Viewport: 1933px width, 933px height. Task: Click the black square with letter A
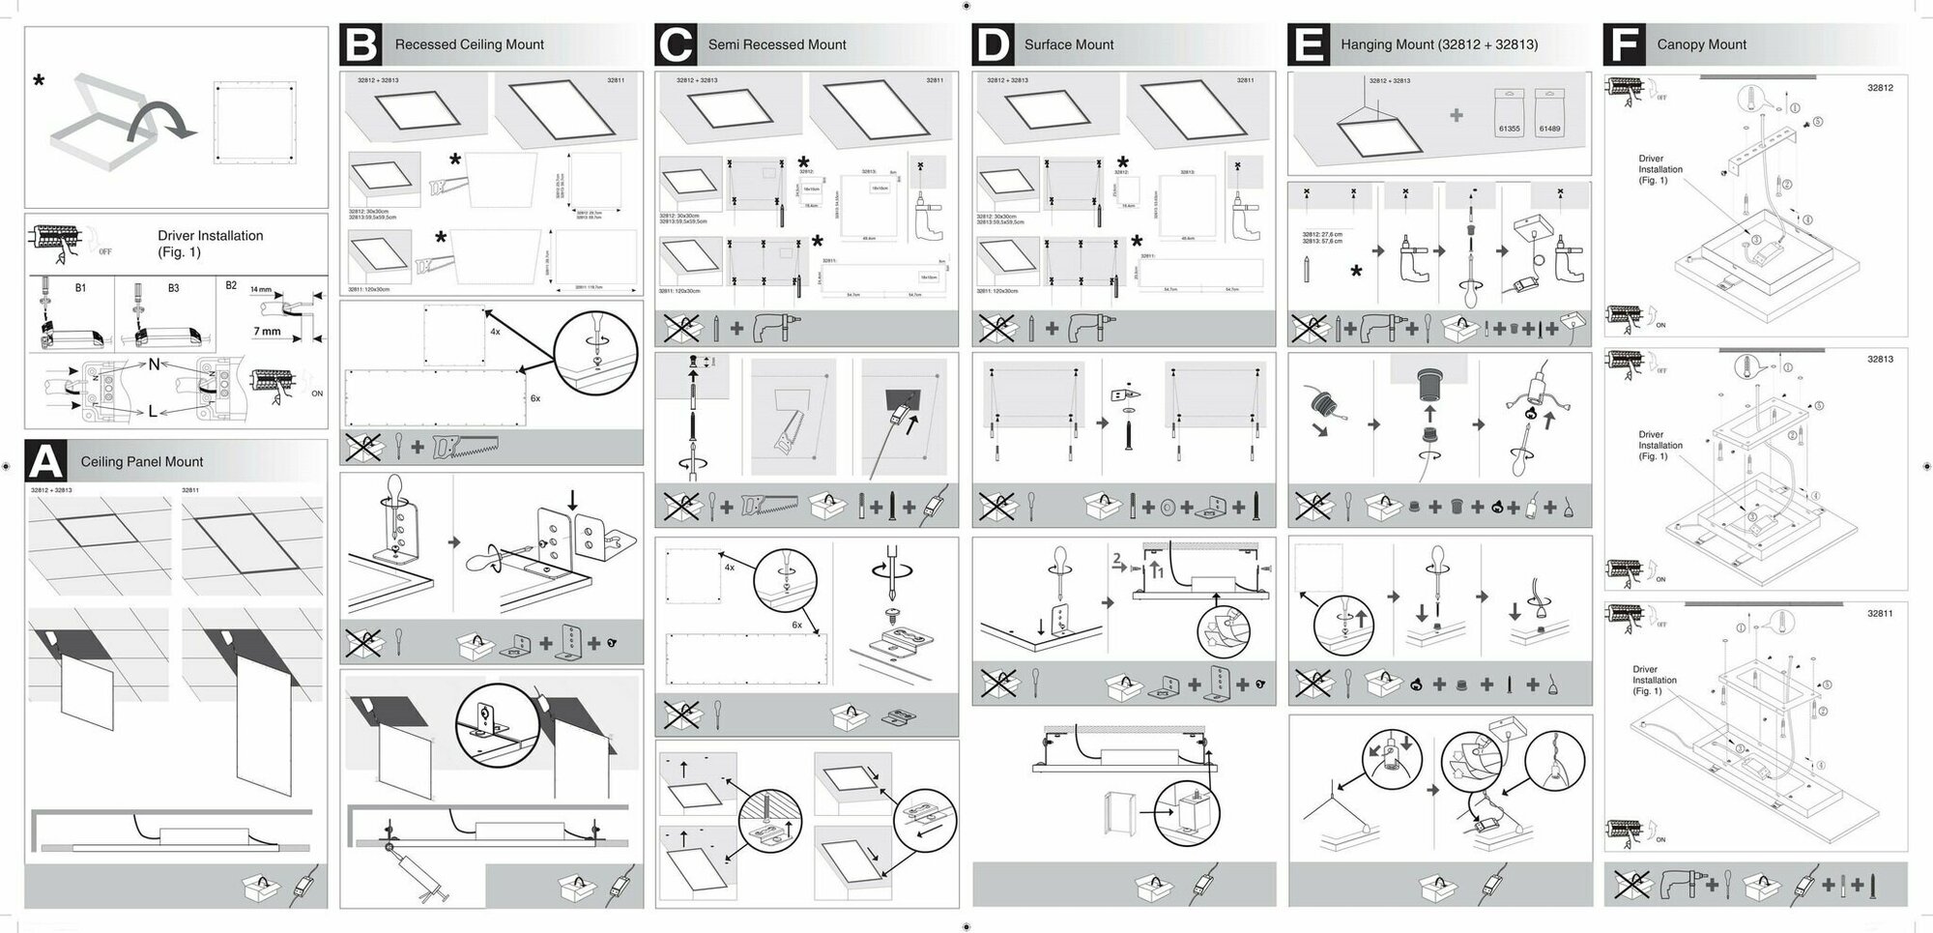coord(45,461)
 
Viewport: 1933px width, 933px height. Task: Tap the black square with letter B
coord(361,44)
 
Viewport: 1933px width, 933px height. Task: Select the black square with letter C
coord(676,44)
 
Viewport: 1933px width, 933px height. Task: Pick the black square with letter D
coord(992,44)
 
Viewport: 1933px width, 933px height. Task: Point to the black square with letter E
coord(1308,44)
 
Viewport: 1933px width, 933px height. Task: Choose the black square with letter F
coord(1624,44)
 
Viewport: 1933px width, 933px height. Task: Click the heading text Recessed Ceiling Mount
coord(469,44)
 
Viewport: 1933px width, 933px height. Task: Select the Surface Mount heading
coord(1068,44)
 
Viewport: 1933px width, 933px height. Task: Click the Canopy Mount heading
coord(1701,44)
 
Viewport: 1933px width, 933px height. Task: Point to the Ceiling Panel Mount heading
coord(142,462)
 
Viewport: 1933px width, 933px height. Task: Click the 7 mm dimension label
coord(267,332)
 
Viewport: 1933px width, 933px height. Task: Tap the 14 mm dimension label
coord(261,289)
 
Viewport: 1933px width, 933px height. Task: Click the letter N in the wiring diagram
coord(155,364)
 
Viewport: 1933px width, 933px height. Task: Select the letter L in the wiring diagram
coord(153,412)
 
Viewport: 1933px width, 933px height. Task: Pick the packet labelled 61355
coord(1509,114)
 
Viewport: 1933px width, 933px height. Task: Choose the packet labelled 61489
coord(1549,114)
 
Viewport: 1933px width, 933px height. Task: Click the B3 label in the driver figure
coord(173,288)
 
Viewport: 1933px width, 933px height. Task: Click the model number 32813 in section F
coord(1880,359)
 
